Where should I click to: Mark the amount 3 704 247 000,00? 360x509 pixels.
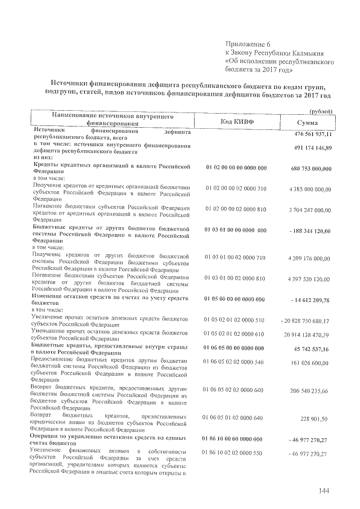tap(309, 209)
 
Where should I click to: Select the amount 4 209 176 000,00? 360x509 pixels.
tap(309, 258)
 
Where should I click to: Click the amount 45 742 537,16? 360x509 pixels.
tap(313, 349)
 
